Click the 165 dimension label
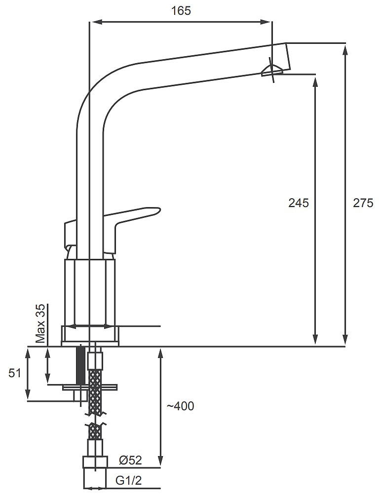click(181, 11)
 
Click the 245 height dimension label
click(298, 203)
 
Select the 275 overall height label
click(363, 203)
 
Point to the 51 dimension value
click(15, 373)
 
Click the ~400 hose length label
click(180, 406)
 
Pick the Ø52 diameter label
click(130, 461)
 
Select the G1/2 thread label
click(128, 481)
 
